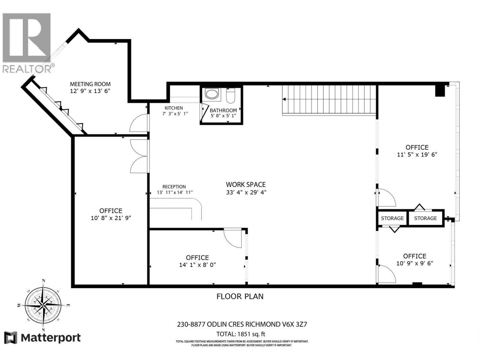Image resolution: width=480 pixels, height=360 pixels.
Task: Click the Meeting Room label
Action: (90, 84)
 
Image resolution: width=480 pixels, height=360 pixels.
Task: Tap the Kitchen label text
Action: (174, 108)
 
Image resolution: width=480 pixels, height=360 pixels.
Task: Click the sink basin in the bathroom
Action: (211, 94)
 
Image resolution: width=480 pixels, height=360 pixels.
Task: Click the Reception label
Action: (174, 187)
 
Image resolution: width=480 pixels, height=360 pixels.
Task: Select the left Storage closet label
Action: (392, 218)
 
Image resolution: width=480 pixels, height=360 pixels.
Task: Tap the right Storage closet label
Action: (425, 218)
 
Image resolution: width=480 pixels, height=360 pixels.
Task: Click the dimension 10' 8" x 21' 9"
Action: (111, 218)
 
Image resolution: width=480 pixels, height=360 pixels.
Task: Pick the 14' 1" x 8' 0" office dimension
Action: (197, 265)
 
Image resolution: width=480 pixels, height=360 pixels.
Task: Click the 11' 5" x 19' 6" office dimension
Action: (417, 154)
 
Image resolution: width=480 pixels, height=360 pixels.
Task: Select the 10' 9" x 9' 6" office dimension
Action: (415, 263)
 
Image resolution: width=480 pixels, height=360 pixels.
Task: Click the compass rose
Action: (43, 305)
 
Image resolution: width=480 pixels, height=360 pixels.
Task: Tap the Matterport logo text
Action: (51, 338)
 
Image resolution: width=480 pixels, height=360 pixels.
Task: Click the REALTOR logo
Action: (28, 43)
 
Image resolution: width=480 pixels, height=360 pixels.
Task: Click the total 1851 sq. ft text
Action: (241, 334)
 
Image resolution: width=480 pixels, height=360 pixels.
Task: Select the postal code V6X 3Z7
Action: (293, 324)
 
